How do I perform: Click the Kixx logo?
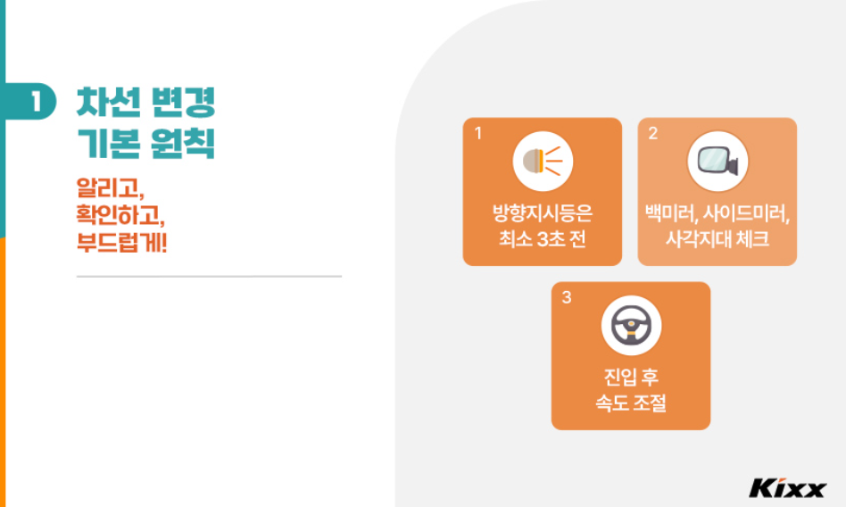(787, 488)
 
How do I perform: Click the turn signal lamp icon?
(543, 162)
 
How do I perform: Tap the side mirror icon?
(717, 162)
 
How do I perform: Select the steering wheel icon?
(631, 326)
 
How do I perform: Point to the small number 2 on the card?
(652, 133)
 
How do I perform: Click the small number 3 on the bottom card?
(566, 297)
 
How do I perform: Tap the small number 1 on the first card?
(477, 133)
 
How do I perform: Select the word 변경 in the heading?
(184, 103)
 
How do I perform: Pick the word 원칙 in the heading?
(184, 143)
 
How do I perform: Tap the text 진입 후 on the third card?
(631, 378)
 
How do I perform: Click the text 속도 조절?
(631, 403)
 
